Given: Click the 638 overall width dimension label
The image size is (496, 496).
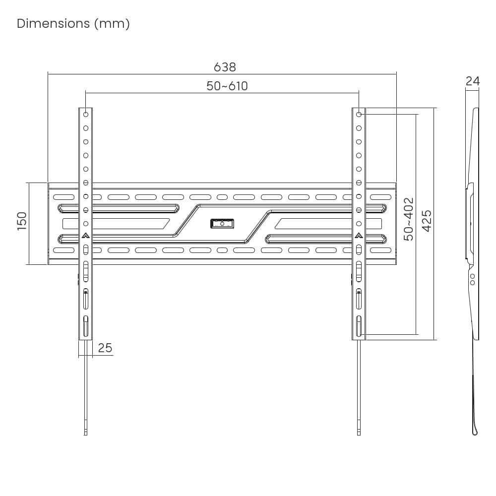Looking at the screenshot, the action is (x=225, y=67).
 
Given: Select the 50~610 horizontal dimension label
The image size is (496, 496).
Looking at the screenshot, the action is (x=227, y=86).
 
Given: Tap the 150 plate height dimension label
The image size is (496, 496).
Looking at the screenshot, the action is (x=22, y=221).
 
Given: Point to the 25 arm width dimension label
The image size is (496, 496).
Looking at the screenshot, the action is (x=105, y=348).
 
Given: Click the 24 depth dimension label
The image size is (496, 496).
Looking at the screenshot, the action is (x=473, y=81).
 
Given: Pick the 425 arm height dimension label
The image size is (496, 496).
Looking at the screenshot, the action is (x=427, y=221).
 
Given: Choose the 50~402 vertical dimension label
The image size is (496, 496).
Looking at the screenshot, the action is (x=409, y=219).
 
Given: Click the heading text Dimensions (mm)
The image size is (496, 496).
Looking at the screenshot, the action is (x=73, y=24).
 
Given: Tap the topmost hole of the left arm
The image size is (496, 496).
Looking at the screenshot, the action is (x=86, y=114).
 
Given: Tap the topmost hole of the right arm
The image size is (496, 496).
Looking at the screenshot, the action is (x=359, y=114).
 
